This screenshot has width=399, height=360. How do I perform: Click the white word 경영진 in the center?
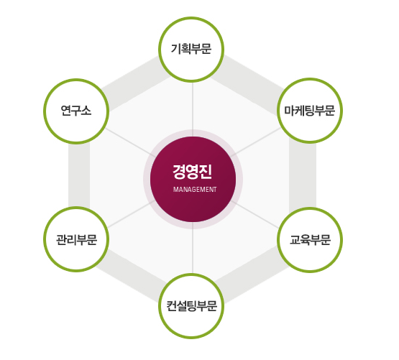[x=193, y=172]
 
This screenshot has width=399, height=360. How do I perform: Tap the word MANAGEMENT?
[x=195, y=190]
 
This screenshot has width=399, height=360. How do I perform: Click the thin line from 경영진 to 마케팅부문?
[x=256, y=142]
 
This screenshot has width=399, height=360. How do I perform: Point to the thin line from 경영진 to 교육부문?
[x=254, y=213]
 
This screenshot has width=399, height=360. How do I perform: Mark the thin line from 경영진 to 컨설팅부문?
[x=193, y=248]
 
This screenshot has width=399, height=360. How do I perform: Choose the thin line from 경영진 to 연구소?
[x=129, y=142]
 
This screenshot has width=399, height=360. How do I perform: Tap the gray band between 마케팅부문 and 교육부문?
[x=303, y=175]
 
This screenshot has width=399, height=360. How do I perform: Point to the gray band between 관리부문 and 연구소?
[x=79, y=175]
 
